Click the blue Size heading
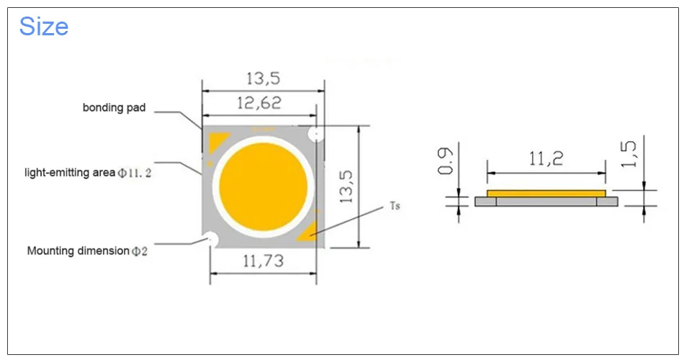(x=44, y=27)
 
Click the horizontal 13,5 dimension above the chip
(x=263, y=78)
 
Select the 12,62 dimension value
(x=258, y=103)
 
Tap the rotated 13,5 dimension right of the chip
(x=346, y=187)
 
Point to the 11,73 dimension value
(x=263, y=261)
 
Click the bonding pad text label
(x=114, y=108)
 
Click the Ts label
(x=395, y=206)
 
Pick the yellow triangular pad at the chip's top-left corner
(x=216, y=140)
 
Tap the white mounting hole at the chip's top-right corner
(x=315, y=135)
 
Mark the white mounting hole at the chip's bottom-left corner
(x=210, y=238)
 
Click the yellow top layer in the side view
(x=546, y=193)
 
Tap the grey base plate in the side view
(x=546, y=202)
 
